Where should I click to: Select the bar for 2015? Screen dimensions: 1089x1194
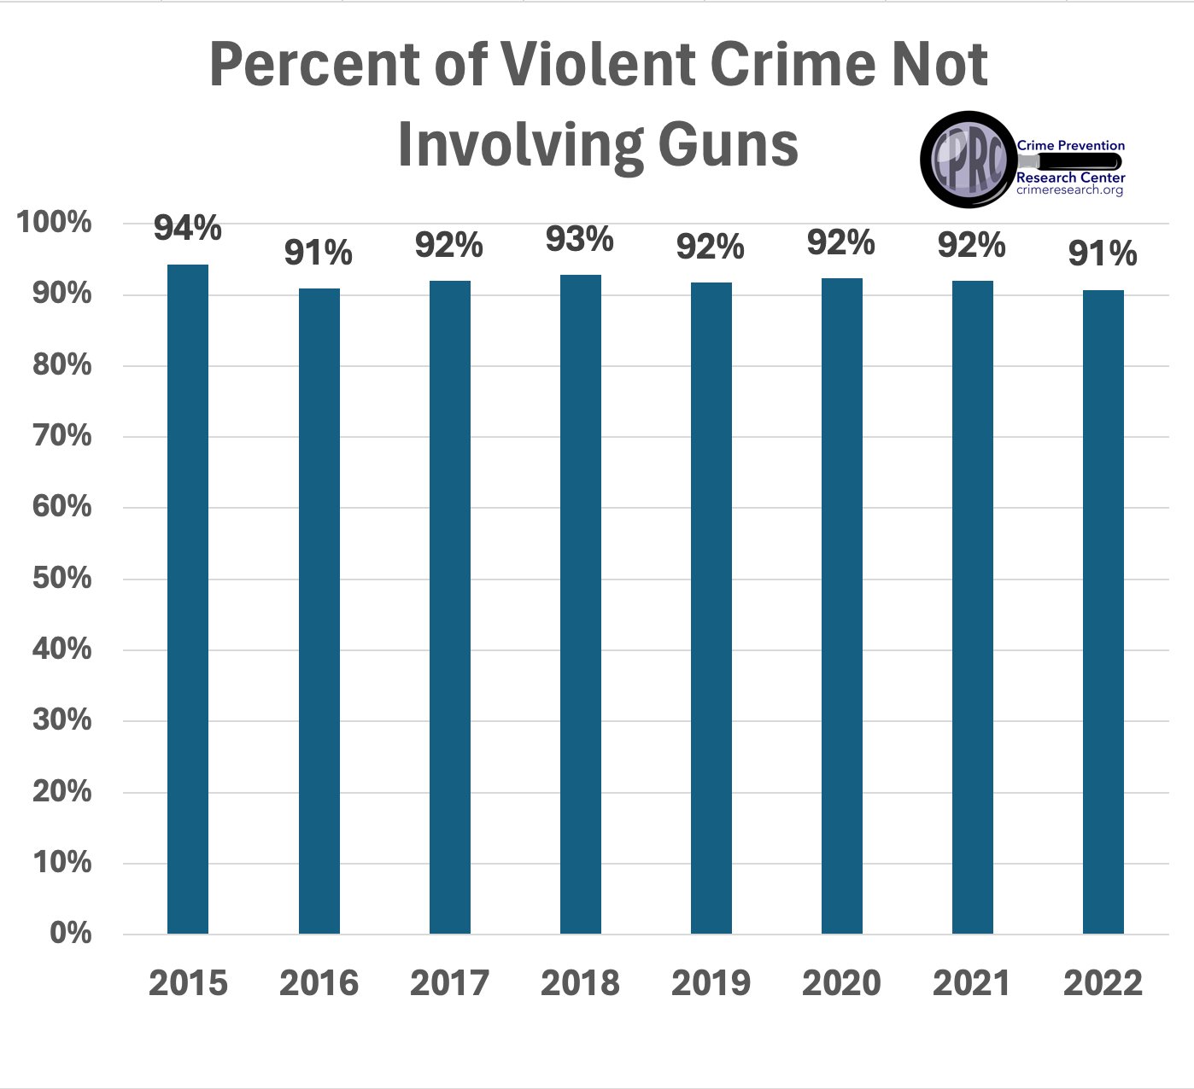coord(188,598)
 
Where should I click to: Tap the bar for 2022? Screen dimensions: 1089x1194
coord(1103,611)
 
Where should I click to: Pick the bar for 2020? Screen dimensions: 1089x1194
coord(842,605)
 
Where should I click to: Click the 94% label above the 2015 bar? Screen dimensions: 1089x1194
coord(188,229)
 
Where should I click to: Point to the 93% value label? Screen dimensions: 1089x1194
coord(580,240)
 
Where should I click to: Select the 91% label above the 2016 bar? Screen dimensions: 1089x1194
coord(319,253)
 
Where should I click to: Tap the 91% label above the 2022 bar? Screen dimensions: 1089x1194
coord(1103,253)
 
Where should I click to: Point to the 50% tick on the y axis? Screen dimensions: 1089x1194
coord(61,578)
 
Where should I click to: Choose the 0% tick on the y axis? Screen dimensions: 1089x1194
coord(70,933)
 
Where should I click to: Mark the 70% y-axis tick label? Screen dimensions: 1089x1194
coord(61,435)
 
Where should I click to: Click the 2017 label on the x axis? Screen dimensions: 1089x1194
coord(449,983)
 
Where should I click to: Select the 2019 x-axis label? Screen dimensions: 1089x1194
coord(711,983)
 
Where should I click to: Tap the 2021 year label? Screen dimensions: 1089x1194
coord(972,983)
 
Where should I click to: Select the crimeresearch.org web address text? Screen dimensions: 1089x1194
coord(1070,189)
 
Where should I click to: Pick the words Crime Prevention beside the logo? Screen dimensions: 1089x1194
coord(1071,145)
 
